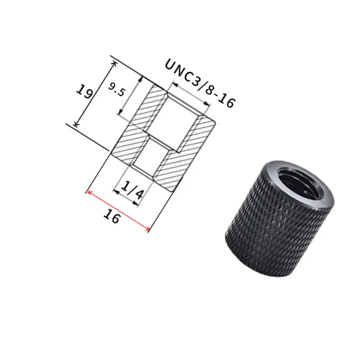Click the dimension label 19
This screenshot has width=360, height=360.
[x=85, y=91]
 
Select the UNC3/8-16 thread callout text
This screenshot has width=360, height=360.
[x=200, y=83]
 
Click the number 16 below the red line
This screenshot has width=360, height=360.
[x=111, y=217]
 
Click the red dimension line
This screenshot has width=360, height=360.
[x=119, y=210]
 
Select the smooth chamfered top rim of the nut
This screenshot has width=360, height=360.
[x=299, y=184]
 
